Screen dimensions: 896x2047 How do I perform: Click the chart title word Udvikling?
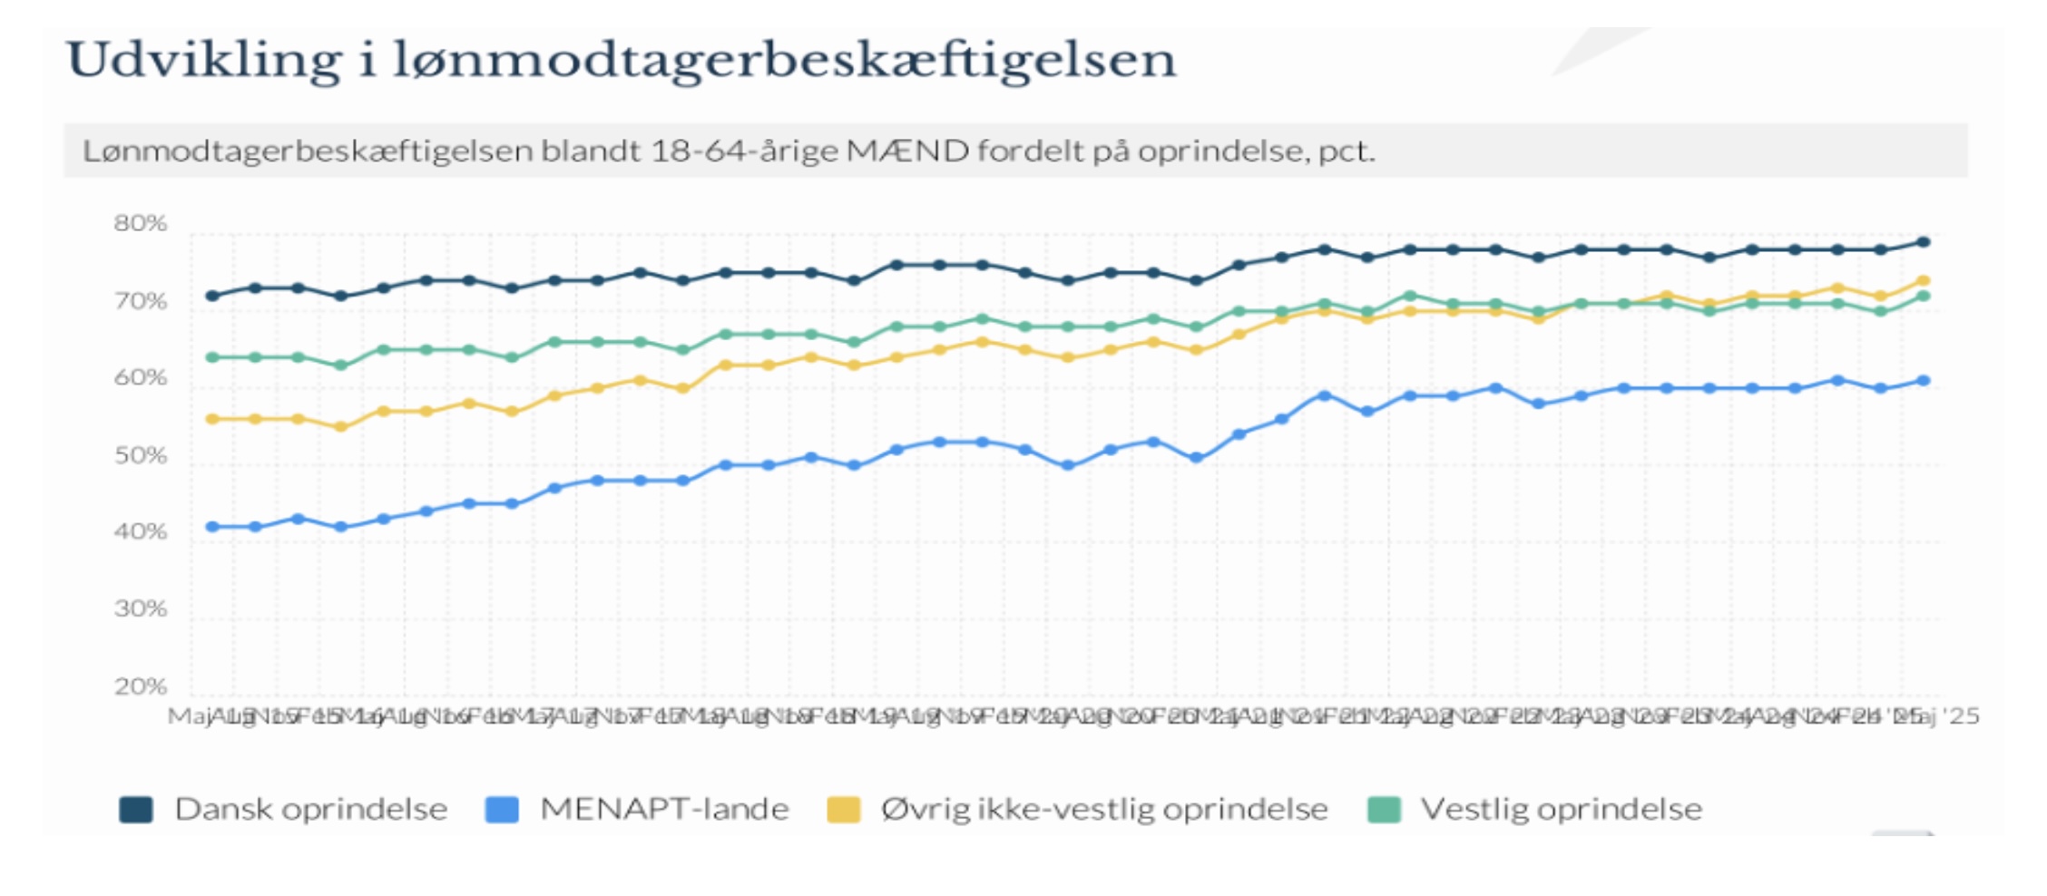(x=204, y=62)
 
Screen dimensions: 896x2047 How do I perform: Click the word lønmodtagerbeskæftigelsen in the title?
(x=784, y=62)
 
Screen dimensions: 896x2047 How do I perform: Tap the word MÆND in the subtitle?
(x=907, y=151)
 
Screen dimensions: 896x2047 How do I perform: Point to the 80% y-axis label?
(x=141, y=223)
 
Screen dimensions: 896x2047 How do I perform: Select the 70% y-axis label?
(x=141, y=301)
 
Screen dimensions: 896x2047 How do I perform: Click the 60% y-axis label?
(x=141, y=378)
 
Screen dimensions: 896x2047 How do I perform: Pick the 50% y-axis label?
(x=141, y=455)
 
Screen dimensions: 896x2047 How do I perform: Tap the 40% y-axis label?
(x=141, y=532)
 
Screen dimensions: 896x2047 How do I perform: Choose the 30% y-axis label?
(x=141, y=609)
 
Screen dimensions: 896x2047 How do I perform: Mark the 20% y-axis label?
(x=141, y=687)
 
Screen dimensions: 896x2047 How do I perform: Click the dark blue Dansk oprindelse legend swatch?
(x=136, y=809)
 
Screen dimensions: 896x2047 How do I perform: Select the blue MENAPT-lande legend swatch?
(x=502, y=809)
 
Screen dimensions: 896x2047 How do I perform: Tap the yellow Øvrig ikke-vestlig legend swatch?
(x=844, y=809)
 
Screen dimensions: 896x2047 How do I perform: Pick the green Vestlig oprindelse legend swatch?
(x=1384, y=809)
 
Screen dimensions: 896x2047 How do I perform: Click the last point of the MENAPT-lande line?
(x=1923, y=381)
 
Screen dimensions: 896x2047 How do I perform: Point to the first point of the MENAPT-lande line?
(x=212, y=527)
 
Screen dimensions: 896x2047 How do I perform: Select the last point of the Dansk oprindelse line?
(x=1923, y=242)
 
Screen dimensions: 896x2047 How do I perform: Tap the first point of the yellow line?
(x=212, y=419)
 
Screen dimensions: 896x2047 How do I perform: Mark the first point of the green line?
(x=212, y=357)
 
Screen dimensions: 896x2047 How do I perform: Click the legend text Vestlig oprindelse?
(x=1561, y=809)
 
